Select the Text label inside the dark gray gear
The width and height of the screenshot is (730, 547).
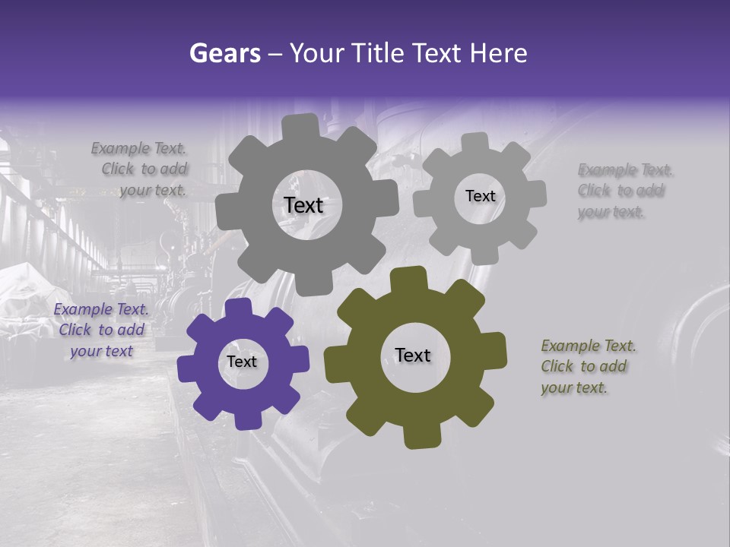click(303, 205)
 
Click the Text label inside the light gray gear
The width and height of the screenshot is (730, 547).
click(480, 196)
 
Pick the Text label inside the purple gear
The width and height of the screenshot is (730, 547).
click(242, 362)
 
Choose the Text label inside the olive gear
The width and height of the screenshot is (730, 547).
click(413, 356)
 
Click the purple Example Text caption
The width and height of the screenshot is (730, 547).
click(101, 330)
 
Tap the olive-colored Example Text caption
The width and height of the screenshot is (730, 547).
click(588, 367)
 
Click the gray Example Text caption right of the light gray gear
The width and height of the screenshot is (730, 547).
click(625, 191)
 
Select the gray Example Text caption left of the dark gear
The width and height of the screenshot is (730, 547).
click(140, 169)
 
